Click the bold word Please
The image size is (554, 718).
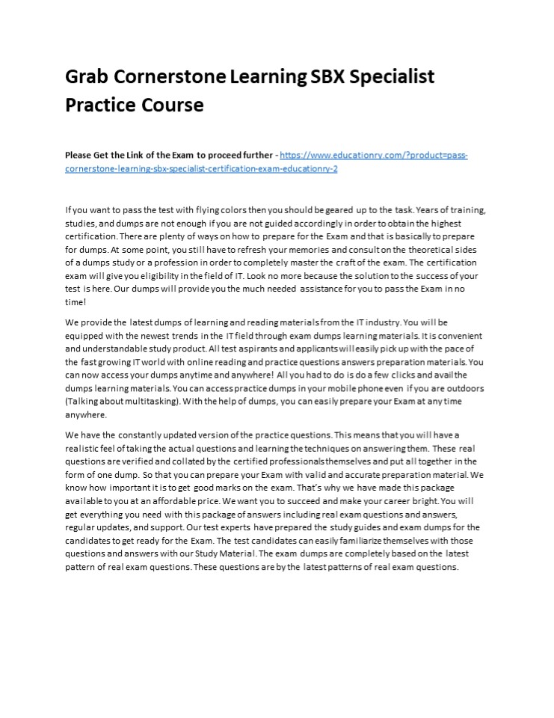tap(80, 156)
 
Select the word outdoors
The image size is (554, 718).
tap(464, 389)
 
